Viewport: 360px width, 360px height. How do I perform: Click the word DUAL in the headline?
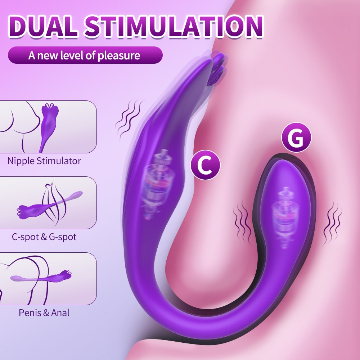point(43,26)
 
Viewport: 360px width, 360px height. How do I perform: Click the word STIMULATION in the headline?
point(174,26)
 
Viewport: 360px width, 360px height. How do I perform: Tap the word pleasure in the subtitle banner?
point(119,56)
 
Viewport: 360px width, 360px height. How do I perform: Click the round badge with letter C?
point(206,165)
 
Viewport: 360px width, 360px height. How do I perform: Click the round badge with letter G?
point(296,137)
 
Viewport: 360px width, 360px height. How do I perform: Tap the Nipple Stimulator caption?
point(44,161)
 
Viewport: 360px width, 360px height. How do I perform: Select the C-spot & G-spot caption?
point(44,237)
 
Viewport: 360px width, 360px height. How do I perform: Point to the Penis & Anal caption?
point(44,313)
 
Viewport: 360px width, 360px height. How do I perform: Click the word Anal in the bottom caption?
point(60,313)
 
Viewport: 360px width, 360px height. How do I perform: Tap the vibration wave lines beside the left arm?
point(129,120)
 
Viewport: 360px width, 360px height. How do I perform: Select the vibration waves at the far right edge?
point(332,222)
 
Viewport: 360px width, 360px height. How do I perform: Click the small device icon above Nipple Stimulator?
point(49,127)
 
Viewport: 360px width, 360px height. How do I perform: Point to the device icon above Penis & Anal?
point(41,277)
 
